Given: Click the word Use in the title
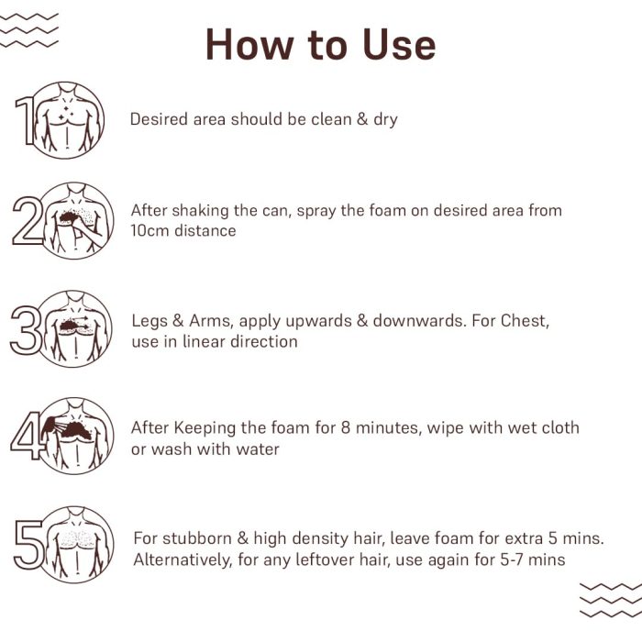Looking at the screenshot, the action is click(399, 45).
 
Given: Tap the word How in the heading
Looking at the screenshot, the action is click(249, 45).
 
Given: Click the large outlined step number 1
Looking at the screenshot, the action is click(25, 120).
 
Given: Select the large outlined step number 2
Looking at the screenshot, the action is click(28, 221).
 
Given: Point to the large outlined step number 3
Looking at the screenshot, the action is click(27, 330).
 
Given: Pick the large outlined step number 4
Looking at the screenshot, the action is click(27, 436).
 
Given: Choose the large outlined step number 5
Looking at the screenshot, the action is click(29, 545).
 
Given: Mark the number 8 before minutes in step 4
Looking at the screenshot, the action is click(346, 428).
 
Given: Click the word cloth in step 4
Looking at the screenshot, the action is click(560, 428).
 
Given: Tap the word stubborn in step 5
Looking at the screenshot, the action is click(197, 538).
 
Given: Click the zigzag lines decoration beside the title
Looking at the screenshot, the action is click(29, 30).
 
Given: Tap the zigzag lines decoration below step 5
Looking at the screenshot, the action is click(611, 600).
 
